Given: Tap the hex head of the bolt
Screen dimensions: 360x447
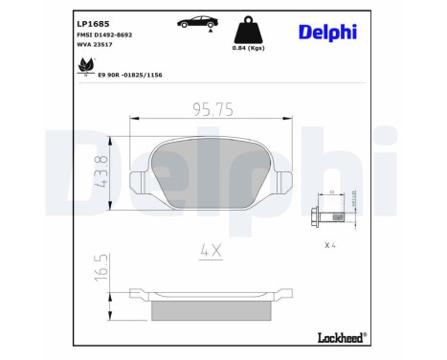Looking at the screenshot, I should point(316,217).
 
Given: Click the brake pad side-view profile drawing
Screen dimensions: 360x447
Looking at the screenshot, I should point(211,304).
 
